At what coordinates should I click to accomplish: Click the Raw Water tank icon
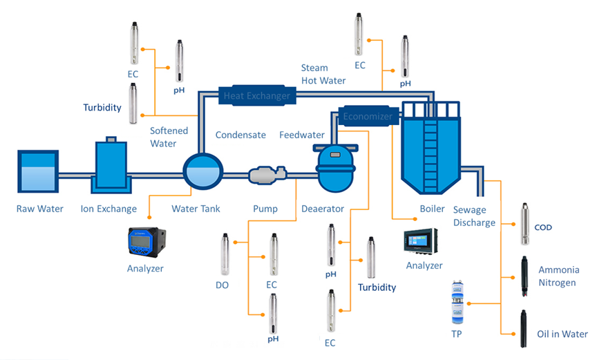(x=38, y=171)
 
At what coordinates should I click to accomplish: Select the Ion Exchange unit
(x=111, y=165)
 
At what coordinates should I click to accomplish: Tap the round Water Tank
(x=203, y=171)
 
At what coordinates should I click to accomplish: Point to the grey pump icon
(x=267, y=175)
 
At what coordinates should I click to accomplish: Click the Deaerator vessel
(x=335, y=168)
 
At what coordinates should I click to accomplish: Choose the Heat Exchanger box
(x=257, y=95)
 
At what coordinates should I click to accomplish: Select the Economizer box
(x=368, y=115)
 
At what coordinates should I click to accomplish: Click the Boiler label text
(x=432, y=209)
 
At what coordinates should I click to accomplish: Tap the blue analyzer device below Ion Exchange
(x=147, y=242)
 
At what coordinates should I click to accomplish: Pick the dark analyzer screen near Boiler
(x=421, y=240)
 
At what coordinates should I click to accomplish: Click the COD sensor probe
(x=525, y=224)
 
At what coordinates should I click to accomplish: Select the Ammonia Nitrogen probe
(x=525, y=276)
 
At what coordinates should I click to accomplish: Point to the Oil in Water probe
(x=524, y=328)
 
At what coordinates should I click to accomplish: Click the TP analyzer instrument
(x=457, y=303)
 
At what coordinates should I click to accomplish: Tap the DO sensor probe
(x=225, y=254)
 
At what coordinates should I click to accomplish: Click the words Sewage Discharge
(x=474, y=216)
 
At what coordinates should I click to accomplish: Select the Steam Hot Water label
(x=323, y=74)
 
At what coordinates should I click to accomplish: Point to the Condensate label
(x=240, y=135)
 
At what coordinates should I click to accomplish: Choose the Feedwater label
(x=302, y=135)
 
